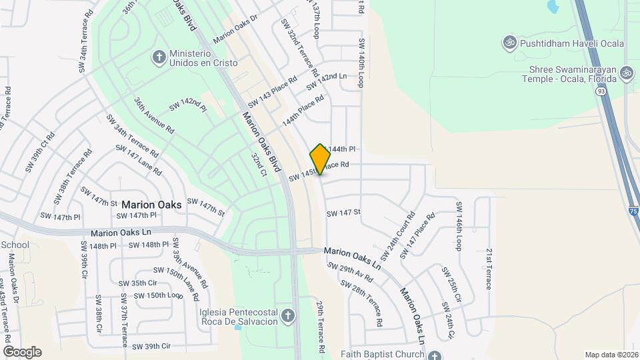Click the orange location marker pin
coord(320,159)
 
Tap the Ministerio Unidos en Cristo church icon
coord(159,57)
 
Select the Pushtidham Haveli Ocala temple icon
coord(510,43)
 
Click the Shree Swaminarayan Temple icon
coord(626,73)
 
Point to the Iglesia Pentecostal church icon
coord(287,315)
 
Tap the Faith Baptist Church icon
coord(435,355)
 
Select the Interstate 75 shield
coord(633,211)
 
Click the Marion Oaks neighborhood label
coord(151,205)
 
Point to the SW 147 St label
coord(343,213)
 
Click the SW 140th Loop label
coord(361,63)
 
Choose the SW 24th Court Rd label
coord(397,237)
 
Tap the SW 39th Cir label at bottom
coord(151,346)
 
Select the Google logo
coord(22,352)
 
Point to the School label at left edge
coord(15,245)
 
